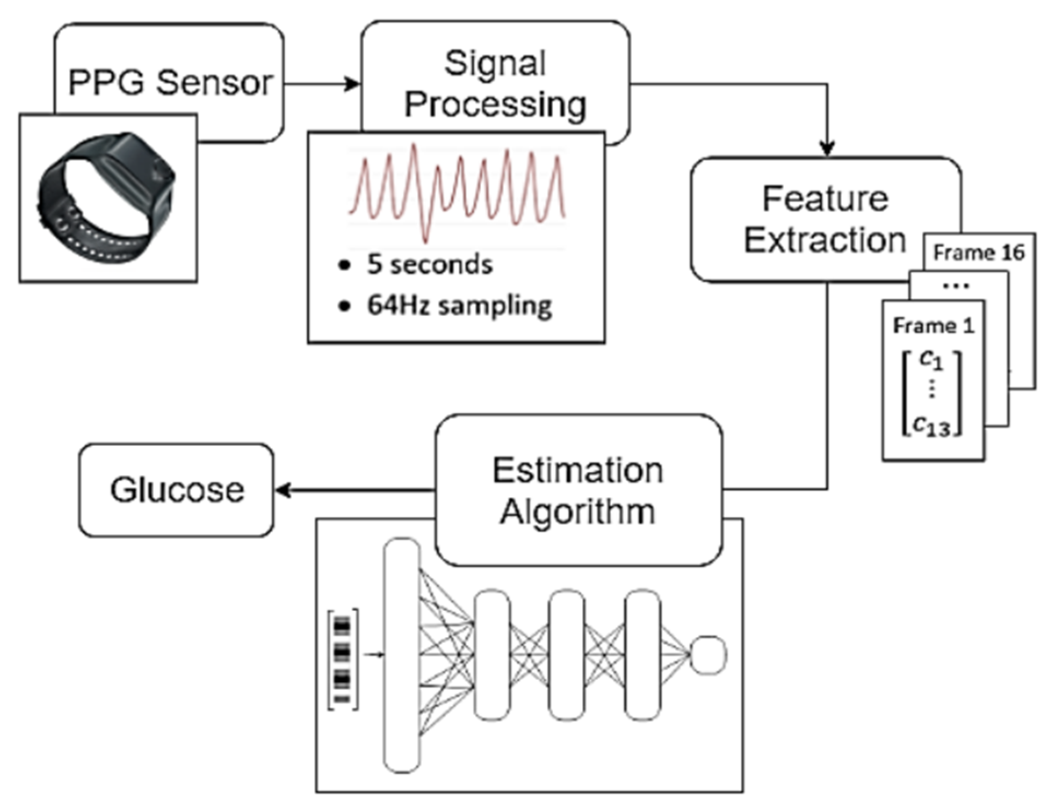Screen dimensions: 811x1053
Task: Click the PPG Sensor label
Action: (169, 83)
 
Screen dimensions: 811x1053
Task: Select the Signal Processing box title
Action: (495, 83)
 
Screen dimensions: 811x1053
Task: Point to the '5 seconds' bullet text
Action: (430, 265)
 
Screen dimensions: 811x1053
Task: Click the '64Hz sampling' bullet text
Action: (459, 305)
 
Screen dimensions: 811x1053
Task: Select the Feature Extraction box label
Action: (824, 220)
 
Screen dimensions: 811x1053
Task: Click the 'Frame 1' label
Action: (933, 326)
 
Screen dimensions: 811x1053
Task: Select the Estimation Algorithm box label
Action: (578, 490)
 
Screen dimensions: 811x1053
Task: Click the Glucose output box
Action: (177, 490)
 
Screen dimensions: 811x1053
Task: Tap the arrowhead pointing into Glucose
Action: (282, 490)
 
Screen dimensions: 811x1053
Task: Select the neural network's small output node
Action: (708, 654)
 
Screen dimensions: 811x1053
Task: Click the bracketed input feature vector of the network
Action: (342, 659)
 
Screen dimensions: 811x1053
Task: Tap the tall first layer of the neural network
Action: (402, 655)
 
